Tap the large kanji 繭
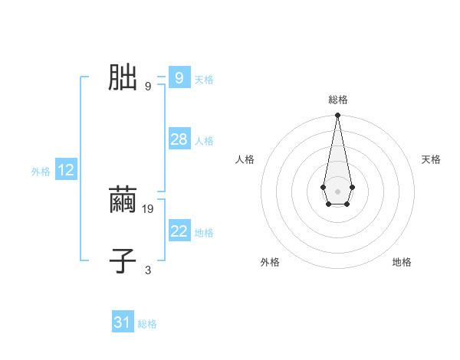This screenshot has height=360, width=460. coord(123,201)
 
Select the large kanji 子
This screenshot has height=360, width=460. coord(123,260)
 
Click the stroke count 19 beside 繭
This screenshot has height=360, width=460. coord(149,208)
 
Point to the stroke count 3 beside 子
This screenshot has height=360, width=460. coord(148,270)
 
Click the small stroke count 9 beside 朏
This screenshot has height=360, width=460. coord(148,86)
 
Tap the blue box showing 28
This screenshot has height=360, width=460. coord(179,139)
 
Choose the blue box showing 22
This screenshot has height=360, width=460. coord(179,231)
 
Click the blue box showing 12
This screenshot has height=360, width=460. coord(66,170)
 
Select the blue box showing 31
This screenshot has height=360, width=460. coord(123,322)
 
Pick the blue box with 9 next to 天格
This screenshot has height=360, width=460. coord(179,78)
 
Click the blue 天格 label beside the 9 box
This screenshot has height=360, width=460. coord(204,80)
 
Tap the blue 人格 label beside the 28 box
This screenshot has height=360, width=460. coord(204,141)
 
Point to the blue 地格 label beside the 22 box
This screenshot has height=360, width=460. coord(204,233)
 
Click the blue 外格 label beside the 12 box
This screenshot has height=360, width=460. coord(41,172)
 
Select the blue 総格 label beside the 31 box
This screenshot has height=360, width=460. coord(147,324)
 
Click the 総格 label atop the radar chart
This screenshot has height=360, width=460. coord(337,100)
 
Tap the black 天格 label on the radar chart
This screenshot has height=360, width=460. coord(431,159)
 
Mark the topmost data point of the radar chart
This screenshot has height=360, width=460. coord(337,116)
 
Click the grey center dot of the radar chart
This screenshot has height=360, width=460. coord(337,191)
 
